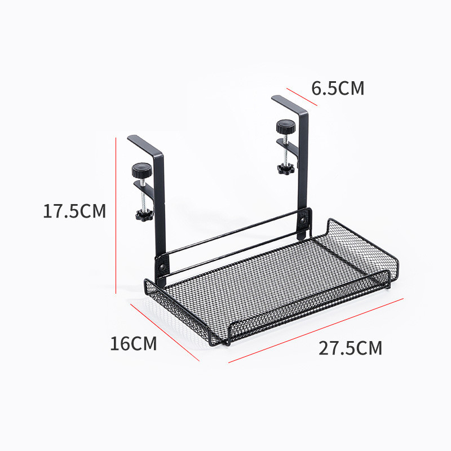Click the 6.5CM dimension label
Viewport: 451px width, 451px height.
(x=338, y=89)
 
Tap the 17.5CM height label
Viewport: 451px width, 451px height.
(x=74, y=211)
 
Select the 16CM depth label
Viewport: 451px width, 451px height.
(x=133, y=343)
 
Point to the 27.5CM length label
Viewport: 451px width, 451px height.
(x=350, y=348)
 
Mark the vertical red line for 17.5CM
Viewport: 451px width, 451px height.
(x=116, y=214)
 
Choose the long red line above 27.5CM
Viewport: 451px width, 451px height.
(x=316, y=330)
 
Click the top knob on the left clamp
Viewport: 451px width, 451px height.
(x=141, y=169)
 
